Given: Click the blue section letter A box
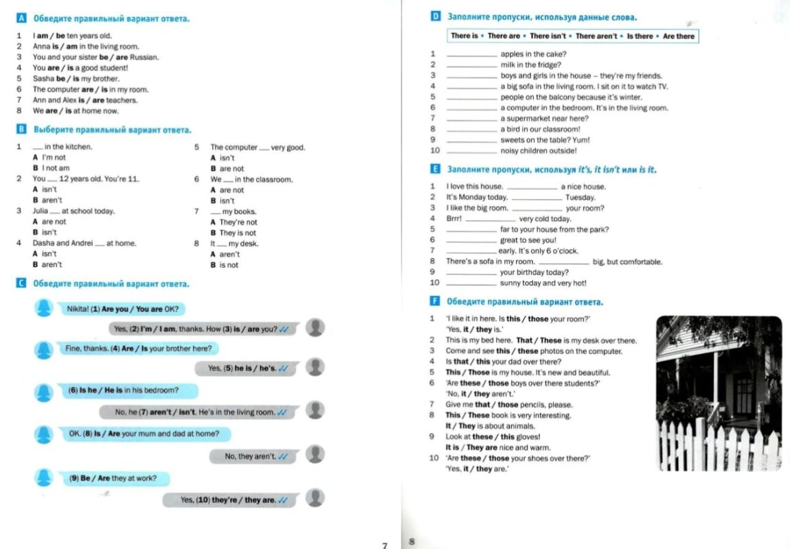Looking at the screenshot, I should coord(21,19).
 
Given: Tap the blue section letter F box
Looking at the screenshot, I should coord(434,301).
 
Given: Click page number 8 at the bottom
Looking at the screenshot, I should coord(411,541).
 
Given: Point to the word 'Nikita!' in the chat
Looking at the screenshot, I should coord(78,309).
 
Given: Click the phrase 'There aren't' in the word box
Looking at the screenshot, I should coord(596,36).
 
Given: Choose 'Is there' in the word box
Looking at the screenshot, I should coord(640,36).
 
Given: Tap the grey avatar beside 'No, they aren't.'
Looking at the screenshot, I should coord(315,454).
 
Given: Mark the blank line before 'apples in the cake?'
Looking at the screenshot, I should coord(472,55).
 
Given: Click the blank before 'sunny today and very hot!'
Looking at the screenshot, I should coord(472,283).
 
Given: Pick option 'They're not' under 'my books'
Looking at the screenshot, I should coord(238,222).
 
